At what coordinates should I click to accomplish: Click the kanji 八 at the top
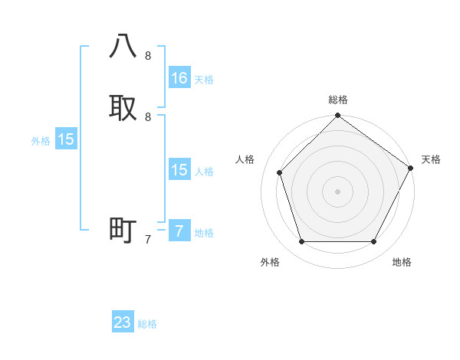pyautogui.click(x=123, y=46)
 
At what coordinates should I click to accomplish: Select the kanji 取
pyautogui.click(x=123, y=107)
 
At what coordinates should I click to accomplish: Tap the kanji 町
pyautogui.click(x=123, y=230)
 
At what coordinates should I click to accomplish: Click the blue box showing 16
pyautogui.click(x=179, y=78)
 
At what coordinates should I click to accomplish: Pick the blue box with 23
pyautogui.click(x=123, y=322)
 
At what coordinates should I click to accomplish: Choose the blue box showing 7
pyautogui.click(x=179, y=231)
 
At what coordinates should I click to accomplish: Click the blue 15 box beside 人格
pyautogui.click(x=179, y=170)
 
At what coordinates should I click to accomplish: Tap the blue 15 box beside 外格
pyautogui.click(x=66, y=139)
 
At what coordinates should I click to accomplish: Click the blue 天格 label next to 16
pyautogui.click(x=204, y=80)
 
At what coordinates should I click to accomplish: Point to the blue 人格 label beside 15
pyautogui.click(x=204, y=172)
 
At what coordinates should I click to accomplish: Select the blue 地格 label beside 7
pyautogui.click(x=204, y=233)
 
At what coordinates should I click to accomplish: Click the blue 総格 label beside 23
pyautogui.click(x=147, y=324)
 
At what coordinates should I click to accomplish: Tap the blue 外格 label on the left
pyautogui.click(x=41, y=141)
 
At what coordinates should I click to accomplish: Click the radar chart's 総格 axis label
pyautogui.click(x=338, y=100)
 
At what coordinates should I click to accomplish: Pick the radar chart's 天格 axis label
pyautogui.click(x=431, y=159)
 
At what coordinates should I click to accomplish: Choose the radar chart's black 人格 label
pyautogui.click(x=245, y=159)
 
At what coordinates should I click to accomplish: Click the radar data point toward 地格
pyautogui.click(x=373, y=242)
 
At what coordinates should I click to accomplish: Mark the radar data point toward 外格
pyautogui.click(x=301, y=242)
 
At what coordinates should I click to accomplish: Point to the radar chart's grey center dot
pyautogui.click(x=337, y=191)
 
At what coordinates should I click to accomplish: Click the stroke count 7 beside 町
pyautogui.click(x=148, y=240)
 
